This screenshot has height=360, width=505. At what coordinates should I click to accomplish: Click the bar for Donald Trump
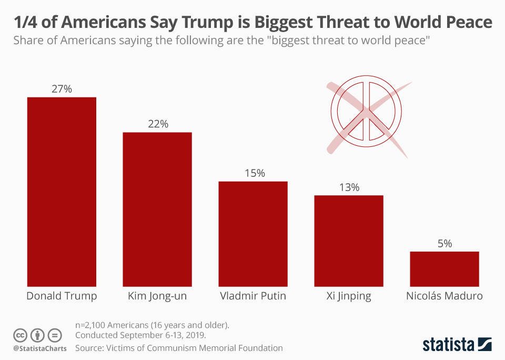[62, 192]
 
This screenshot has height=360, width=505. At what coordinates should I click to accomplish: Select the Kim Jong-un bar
[157, 209]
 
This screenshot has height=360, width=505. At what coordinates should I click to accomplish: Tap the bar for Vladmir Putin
[253, 234]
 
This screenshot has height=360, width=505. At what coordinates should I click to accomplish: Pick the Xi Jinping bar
[349, 241]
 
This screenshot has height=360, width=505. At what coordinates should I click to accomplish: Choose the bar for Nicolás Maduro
[445, 269]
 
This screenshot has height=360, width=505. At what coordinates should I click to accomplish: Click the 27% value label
[62, 89]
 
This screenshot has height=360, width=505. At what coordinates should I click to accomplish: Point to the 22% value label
[157, 124]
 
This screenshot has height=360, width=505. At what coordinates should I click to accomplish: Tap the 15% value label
[253, 173]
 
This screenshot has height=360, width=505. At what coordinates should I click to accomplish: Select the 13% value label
[349, 187]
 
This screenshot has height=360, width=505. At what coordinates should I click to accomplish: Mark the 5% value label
[445, 244]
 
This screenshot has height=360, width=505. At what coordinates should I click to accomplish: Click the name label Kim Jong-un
[157, 296]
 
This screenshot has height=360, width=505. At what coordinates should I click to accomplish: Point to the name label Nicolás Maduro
[445, 296]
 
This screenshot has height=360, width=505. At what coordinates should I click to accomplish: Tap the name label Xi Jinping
[349, 296]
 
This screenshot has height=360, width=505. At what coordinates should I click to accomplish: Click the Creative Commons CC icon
[21, 335]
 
